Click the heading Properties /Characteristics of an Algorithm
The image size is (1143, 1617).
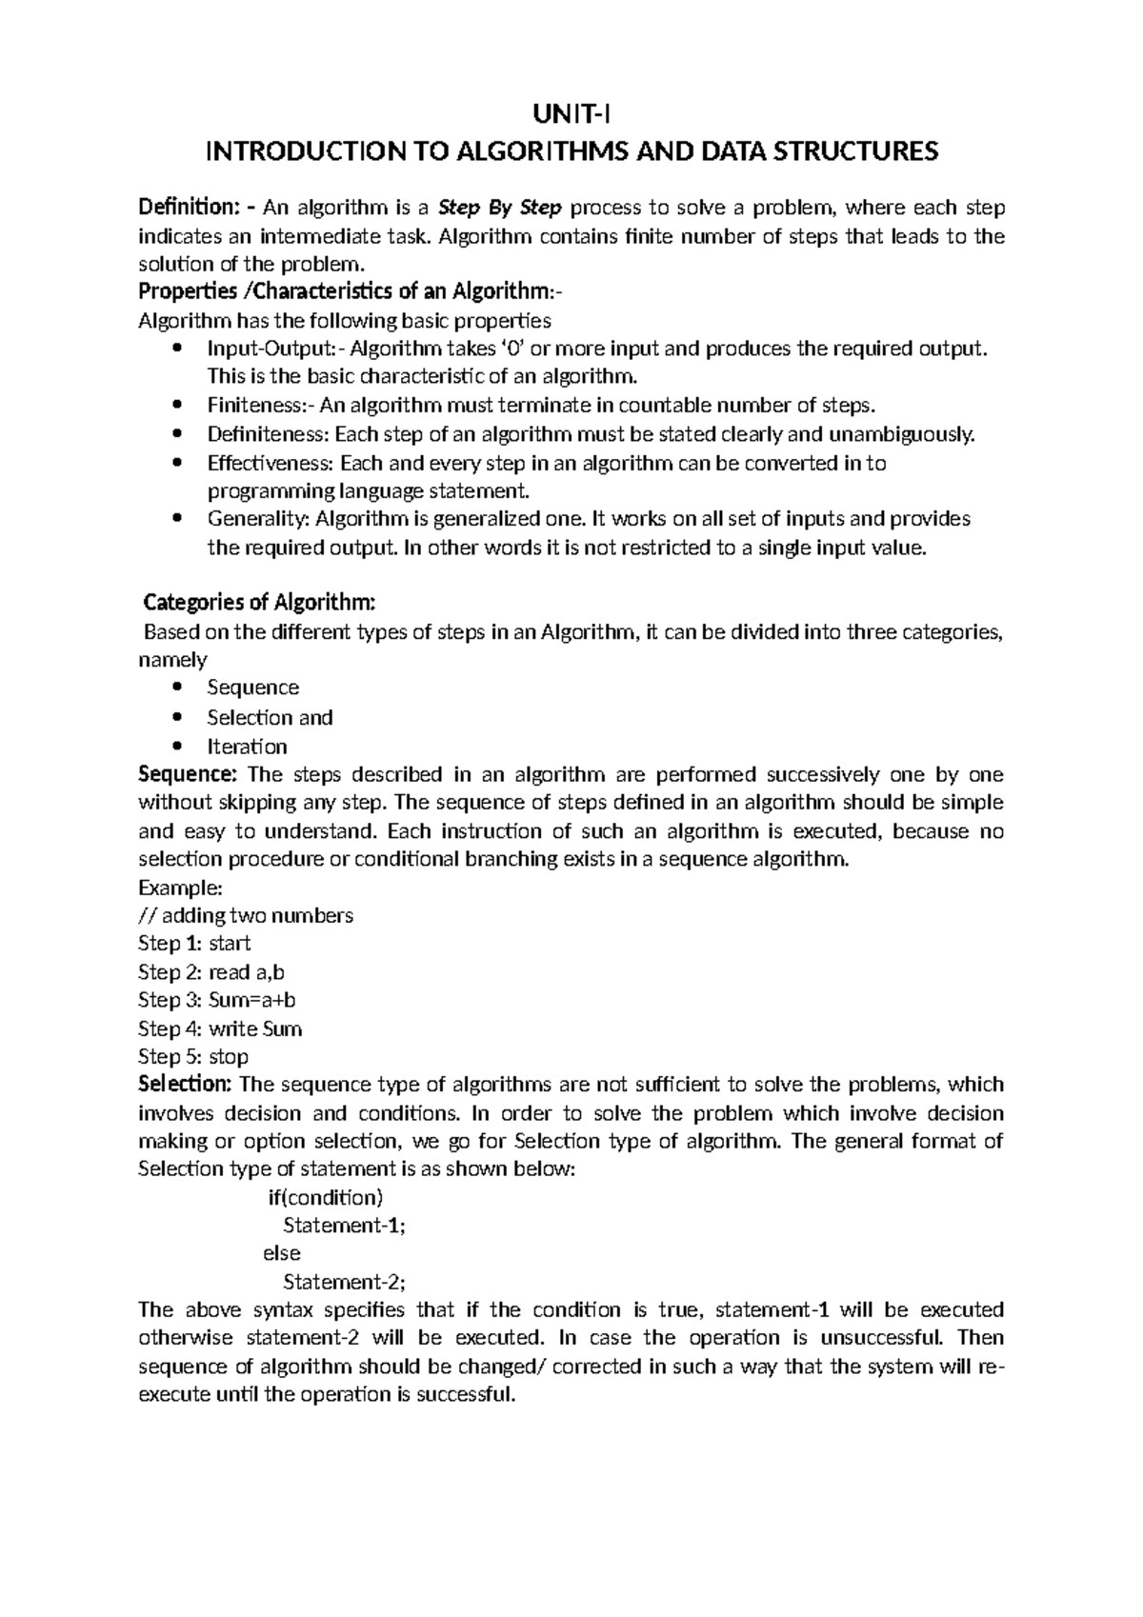[355, 291]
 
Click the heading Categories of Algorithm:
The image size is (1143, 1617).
[259, 603]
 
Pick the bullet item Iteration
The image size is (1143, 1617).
[247, 747]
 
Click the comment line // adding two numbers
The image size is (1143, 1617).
[246, 915]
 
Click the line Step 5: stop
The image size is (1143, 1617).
[193, 1056]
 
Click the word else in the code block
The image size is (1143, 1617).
[281, 1253]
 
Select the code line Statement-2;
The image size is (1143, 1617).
[345, 1282]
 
